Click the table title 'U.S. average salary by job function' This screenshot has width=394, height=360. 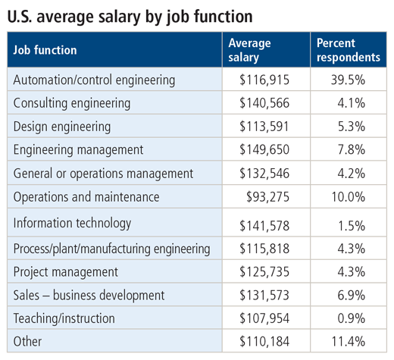(130, 17)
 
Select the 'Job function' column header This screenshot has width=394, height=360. (45, 50)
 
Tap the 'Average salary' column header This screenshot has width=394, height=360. (249, 50)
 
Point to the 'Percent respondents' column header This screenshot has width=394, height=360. (349, 50)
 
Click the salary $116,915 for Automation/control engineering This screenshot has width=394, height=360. (264, 80)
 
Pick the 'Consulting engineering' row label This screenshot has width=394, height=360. (72, 104)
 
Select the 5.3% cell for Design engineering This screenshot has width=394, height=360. (352, 127)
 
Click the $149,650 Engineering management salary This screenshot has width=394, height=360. (264, 149)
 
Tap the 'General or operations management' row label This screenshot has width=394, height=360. (103, 174)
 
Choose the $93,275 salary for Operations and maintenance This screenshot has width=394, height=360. (267, 197)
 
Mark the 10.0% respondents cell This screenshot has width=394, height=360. (348, 197)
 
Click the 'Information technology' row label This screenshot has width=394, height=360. (72, 224)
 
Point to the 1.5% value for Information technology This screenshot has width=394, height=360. (352, 226)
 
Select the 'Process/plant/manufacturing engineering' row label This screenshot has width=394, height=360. (111, 249)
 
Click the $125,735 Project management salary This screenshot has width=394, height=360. (264, 272)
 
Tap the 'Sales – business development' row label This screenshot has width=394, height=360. (89, 296)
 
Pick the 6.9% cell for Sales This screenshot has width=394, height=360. (352, 295)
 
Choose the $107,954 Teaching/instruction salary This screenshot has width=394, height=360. (264, 318)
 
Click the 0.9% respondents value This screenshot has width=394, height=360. (352, 318)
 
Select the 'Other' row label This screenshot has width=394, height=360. (27, 342)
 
